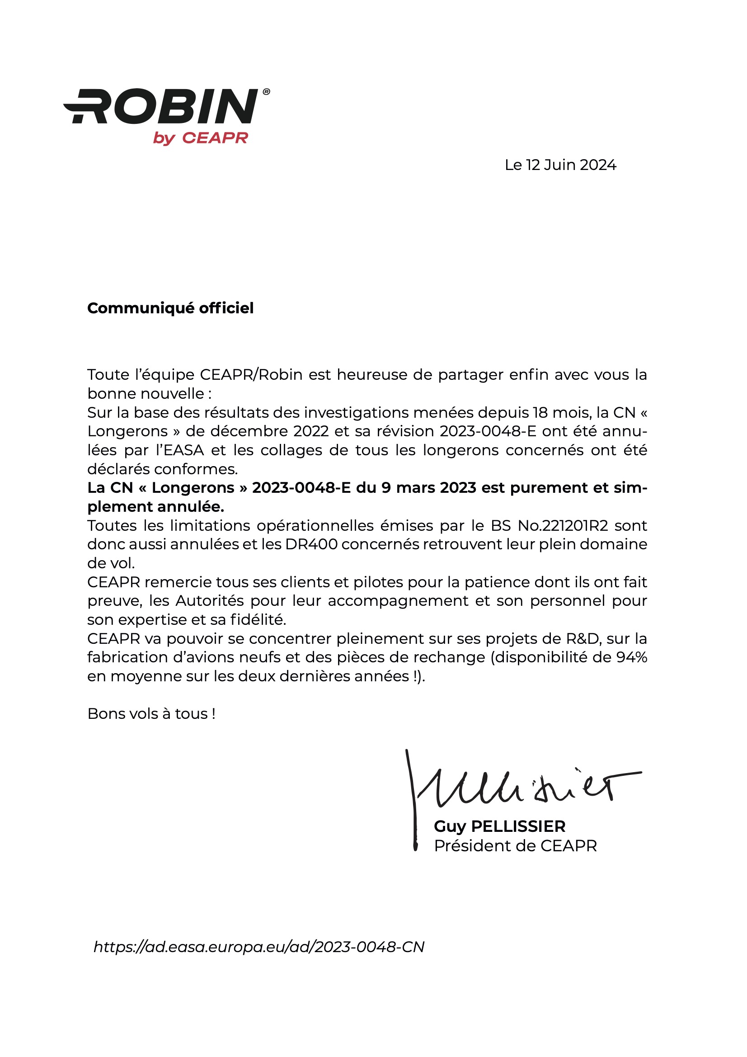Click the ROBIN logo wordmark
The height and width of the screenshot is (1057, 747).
(x=161, y=106)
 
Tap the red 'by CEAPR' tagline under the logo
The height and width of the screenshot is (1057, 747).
(x=201, y=138)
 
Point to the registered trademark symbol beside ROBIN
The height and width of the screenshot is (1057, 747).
(x=266, y=92)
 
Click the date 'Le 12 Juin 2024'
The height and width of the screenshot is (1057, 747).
(x=560, y=165)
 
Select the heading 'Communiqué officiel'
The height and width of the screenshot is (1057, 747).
(x=170, y=308)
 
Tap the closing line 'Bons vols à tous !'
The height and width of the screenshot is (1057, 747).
(x=151, y=713)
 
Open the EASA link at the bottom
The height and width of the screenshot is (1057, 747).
(x=258, y=947)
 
